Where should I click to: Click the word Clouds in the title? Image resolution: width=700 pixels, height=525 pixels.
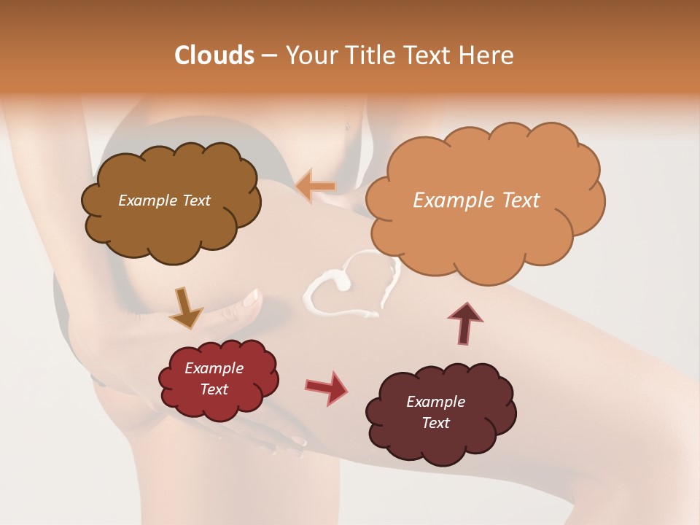click(214, 55)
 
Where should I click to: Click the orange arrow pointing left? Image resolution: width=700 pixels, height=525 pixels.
click(316, 187)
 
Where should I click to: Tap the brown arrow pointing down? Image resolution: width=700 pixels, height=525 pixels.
click(185, 308)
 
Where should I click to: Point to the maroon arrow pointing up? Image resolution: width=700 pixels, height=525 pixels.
click(465, 322)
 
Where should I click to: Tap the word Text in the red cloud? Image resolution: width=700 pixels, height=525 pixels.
click(214, 389)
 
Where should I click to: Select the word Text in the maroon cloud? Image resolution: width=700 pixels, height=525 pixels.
click(435, 423)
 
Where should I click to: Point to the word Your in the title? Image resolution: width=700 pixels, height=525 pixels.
click(309, 55)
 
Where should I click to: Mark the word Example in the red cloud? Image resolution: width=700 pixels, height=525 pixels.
click(214, 368)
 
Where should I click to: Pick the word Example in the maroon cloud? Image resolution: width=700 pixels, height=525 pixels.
click(435, 402)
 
